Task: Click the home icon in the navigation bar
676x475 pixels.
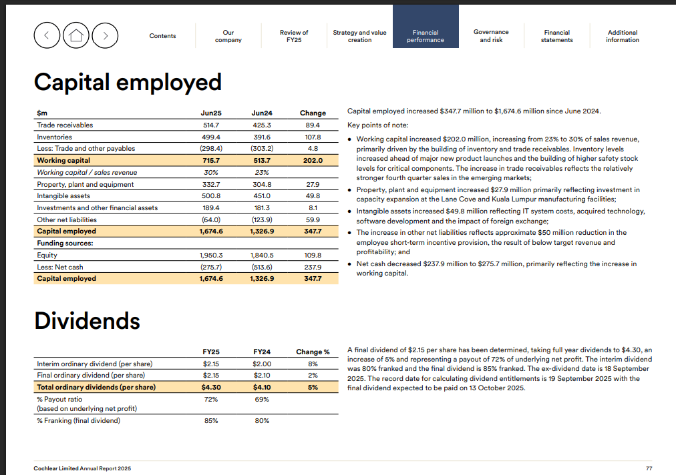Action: pyautogui.click(x=76, y=36)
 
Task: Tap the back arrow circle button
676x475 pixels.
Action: pyautogui.click(x=47, y=36)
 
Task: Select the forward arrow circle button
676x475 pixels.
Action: pyautogui.click(x=106, y=36)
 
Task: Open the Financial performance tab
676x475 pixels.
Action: pyautogui.click(x=426, y=36)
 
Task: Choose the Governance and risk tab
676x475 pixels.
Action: pyautogui.click(x=491, y=36)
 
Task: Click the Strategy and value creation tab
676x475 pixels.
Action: pyautogui.click(x=359, y=36)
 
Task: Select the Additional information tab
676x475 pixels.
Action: pyautogui.click(x=623, y=36)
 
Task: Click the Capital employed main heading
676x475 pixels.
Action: pyautogui.click(x=128, y=83)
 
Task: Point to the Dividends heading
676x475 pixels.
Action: pyautogui.click(x=87, y=321)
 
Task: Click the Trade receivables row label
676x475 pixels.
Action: pyautogui.click(x=65, y=125)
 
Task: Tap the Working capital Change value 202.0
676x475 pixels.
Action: pyautogui.click(x=313, y=161)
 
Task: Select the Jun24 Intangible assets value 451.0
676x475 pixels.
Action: pyautogui.click(x=262, y=196)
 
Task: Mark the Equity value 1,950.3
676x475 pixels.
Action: pyautogui.click(x=211, y=256)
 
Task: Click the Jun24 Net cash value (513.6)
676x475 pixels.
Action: pyautogui.click(x=262, y=267)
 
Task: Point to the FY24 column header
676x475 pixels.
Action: pyautogui.click(x=262, y=352)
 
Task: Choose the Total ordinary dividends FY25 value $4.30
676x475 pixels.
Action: pyautogui.click(x=211, y=387)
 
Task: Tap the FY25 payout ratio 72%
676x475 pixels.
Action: pyautogui.click(x=211, y=399)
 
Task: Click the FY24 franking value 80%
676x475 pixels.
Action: pyautogui.click(x=262, y=420)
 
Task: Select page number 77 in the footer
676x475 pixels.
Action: pyautogui.click(x=649, y=468)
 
